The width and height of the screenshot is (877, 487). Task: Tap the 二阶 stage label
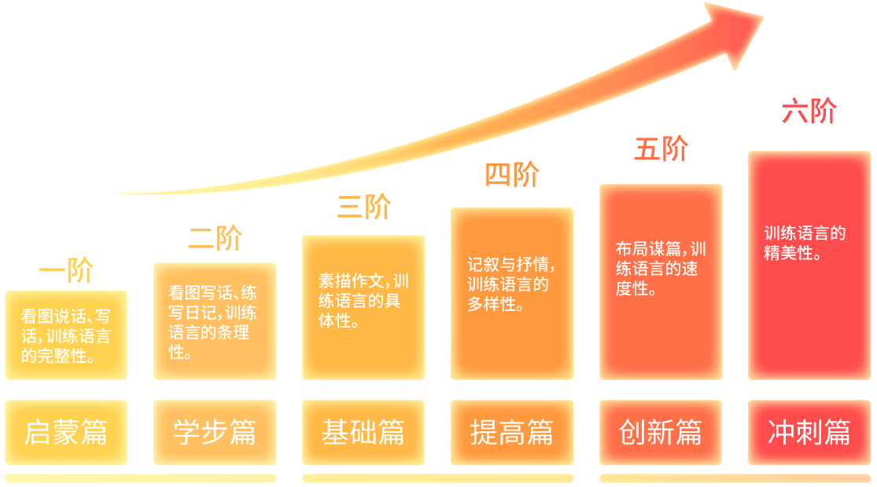(215, 238)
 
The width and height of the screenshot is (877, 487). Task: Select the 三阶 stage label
(363, 207)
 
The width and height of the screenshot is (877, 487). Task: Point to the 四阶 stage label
(512, 175)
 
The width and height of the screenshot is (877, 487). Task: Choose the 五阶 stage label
(661, 148)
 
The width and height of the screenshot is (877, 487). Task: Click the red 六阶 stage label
(809, 112)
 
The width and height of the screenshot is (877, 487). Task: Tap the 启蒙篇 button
(66, 433)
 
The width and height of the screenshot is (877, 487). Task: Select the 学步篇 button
(215, 433)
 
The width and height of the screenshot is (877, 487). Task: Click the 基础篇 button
(363, 433)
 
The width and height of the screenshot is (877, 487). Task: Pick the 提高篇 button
(512, 433)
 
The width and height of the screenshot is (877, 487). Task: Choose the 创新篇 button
(661, 433)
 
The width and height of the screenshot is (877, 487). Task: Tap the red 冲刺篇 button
(809, 433)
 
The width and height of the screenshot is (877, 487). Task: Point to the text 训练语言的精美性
(805, 243)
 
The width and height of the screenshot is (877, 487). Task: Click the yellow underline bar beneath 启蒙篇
(140, 478)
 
